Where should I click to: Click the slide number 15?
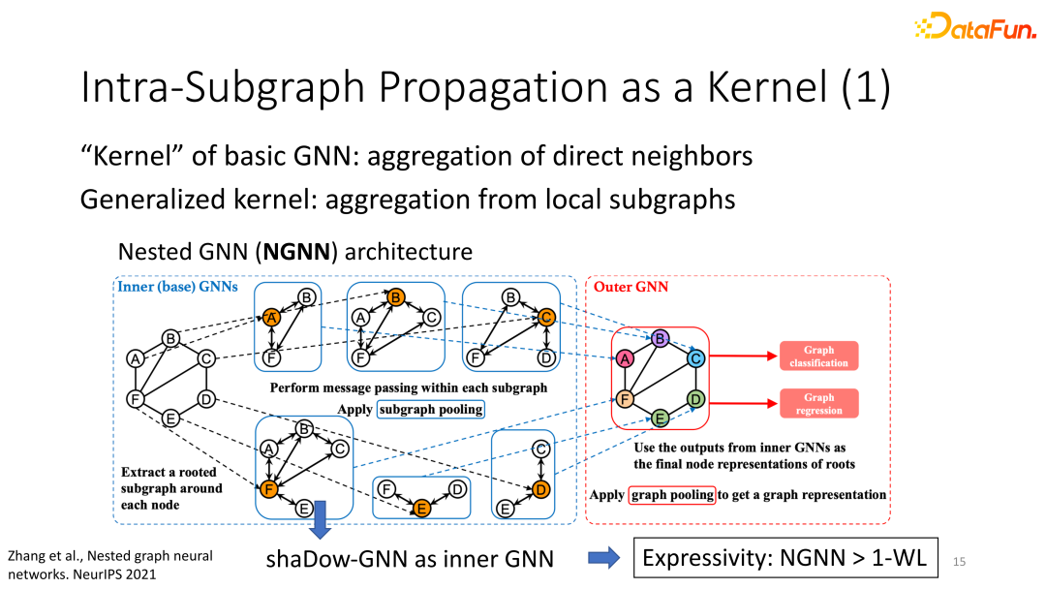coord(960,561)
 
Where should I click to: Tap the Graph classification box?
coord(818,356)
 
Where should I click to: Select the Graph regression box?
coord(818,404)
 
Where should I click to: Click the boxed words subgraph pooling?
coord(430,409)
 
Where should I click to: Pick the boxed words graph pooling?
coord(672,494)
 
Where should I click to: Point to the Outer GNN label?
coord(631,287)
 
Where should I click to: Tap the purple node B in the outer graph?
coord(661,339)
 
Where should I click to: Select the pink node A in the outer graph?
coord(626,358)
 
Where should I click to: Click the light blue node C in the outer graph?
coord(694,358)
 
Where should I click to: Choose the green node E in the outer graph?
coord(661,418)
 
